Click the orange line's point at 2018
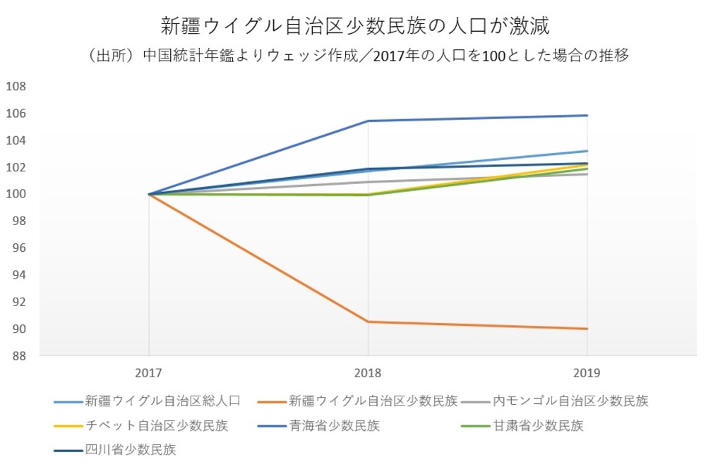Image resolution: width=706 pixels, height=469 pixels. pos(368,322)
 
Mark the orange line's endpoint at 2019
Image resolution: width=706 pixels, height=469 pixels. pos(587,329)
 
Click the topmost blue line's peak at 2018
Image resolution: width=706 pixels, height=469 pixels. pos(368,121)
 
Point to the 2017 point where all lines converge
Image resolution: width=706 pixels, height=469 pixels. pos(149,194)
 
